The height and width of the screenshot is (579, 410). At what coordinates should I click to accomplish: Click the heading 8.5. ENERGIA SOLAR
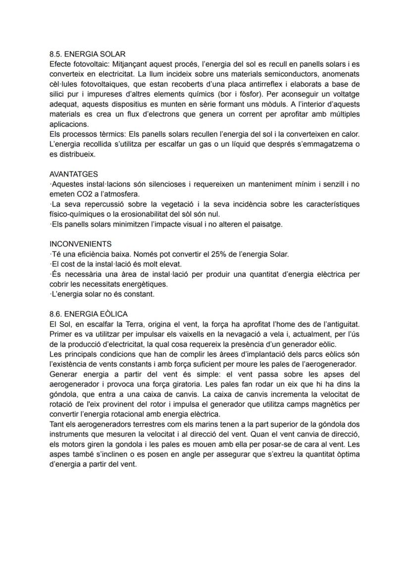point(88,54)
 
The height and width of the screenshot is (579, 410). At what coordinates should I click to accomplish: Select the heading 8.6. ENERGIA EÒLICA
point(89,314)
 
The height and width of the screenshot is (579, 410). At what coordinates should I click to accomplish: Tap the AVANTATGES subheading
point(74,174)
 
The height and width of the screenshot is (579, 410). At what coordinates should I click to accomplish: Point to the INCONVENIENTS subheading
point(81,244)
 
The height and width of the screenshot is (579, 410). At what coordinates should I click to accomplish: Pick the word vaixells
point(174,334)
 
